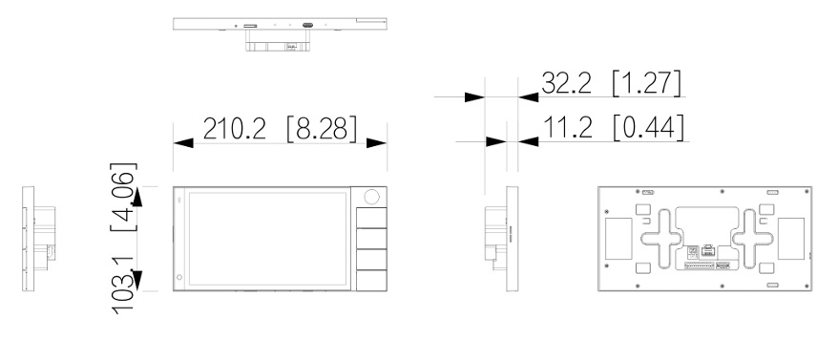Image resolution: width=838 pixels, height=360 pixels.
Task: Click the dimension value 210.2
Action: pos(234,128)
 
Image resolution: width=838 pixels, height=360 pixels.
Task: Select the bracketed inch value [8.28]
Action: pos(322,129)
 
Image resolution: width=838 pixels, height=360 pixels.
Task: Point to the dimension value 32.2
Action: pos(567,83)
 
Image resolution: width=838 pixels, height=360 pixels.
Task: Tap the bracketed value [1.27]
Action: pos(647,83)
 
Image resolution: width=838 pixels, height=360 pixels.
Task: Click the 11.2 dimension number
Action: pos(568,127)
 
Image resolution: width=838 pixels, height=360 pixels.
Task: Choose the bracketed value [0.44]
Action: pos(648,128)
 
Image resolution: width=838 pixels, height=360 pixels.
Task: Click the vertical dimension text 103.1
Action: pos(123,285)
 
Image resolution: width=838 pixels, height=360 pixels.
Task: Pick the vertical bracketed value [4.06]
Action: pos(123,197)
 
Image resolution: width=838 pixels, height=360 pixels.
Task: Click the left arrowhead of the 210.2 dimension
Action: pos(183,143)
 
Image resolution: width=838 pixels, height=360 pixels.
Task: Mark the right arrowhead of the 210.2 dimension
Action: pos(377,143)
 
